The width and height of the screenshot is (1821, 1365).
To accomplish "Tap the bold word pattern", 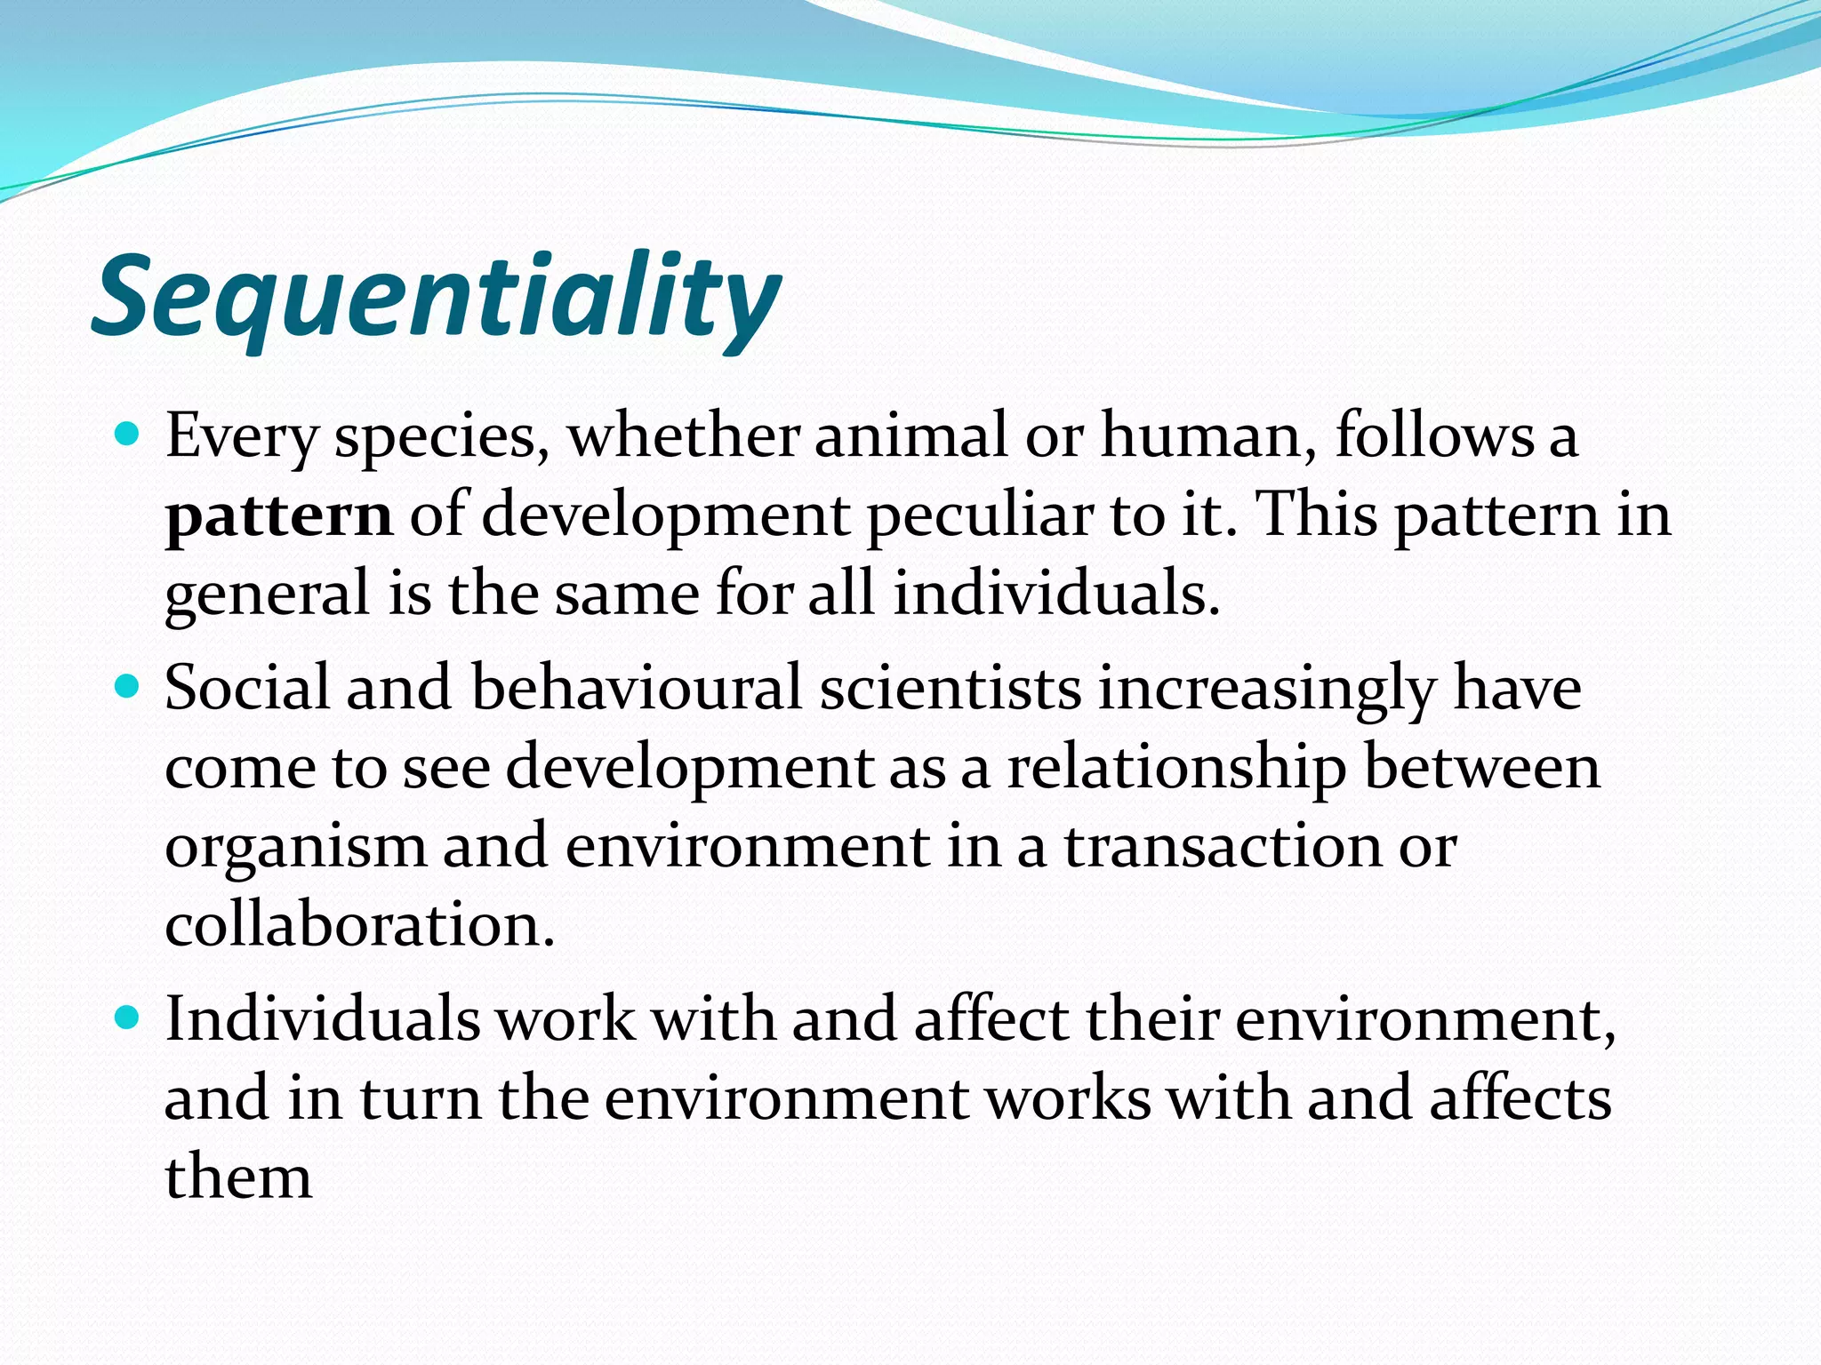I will (278, 516).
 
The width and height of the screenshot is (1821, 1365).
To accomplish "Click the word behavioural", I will (637, 688).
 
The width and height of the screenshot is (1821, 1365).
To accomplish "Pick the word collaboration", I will (359, 925).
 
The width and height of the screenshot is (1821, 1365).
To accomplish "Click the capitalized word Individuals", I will (322, 1018).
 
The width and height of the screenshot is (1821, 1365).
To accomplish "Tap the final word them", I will (238, 1177).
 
